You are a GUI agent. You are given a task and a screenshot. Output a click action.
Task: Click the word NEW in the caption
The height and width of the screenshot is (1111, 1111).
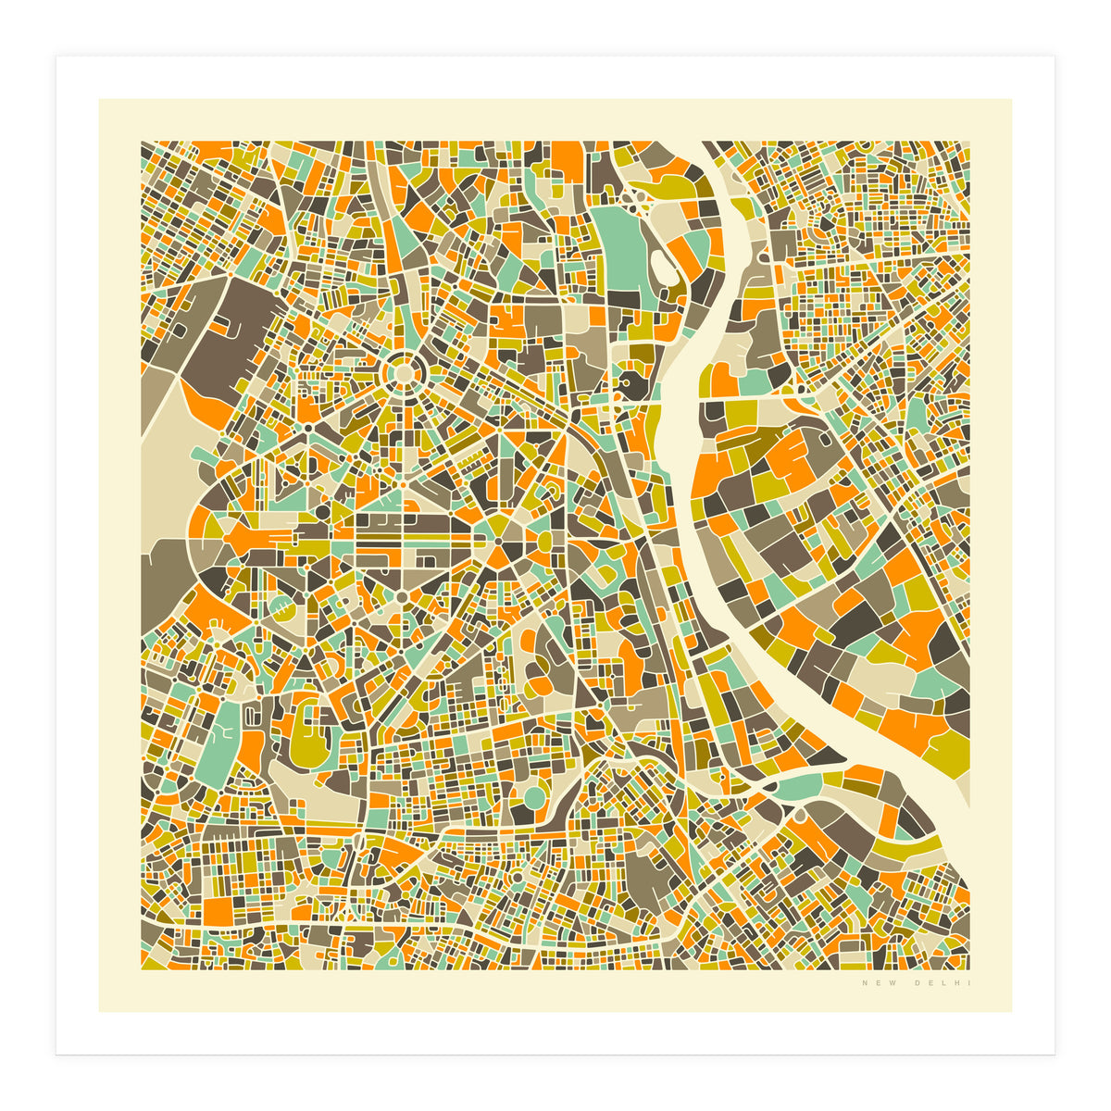tap(873, 983)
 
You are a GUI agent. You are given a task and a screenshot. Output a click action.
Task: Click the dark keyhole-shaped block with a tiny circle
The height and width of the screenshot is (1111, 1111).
tap(631, 383)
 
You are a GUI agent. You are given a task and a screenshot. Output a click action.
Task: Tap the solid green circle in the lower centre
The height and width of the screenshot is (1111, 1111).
tap(535, 796)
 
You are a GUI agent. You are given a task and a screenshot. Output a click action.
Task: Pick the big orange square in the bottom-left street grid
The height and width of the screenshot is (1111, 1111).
tap(218, 909)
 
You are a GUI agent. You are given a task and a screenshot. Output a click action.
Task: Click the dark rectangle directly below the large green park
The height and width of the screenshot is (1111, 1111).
tap(623, 300)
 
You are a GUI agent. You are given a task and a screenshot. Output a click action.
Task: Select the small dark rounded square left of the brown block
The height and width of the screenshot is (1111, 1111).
tap(223, 325)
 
